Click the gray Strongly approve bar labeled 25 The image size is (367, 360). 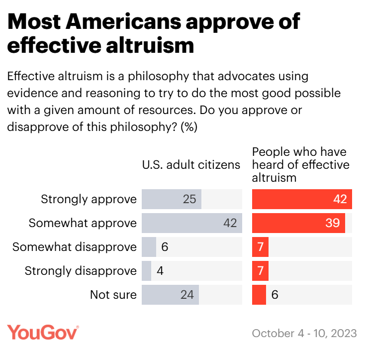172,199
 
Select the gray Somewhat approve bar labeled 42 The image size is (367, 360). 191,223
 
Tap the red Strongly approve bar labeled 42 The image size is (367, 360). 302,199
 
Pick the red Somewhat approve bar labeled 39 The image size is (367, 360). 298,223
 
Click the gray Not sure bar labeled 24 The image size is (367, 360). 170,294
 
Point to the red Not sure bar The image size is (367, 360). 259,294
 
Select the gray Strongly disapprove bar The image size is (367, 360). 147,270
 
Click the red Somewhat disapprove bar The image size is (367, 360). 260,247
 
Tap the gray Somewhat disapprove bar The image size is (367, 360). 149,247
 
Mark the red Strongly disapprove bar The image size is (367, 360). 260,270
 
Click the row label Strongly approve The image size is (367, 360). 89,199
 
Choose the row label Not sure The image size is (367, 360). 113,294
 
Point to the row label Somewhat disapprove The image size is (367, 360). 75,247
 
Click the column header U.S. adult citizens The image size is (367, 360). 191,165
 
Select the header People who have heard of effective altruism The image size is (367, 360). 300,164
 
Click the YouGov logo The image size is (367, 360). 43,332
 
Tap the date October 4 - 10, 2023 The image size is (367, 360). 304,333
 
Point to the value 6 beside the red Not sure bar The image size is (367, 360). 275,294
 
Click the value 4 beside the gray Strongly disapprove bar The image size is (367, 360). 160,270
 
